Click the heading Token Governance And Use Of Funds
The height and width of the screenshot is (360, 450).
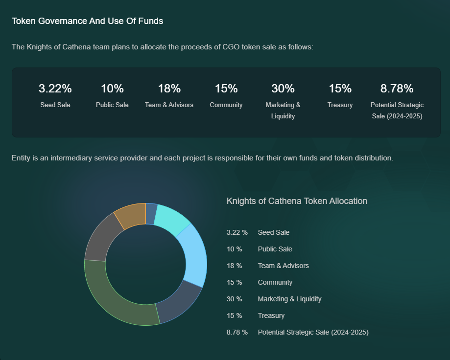(x=87, y=22)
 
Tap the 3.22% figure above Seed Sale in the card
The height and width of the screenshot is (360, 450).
(x=55, y=89)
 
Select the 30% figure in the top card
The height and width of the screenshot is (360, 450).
(x=283, y=89)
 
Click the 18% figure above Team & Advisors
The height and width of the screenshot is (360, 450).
(x=169, y=89)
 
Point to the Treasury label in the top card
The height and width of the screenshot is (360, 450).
(x=340, y=105)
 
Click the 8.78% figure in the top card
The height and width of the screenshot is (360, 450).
(x=397, y=89)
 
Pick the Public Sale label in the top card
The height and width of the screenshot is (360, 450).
(x=112, y=105)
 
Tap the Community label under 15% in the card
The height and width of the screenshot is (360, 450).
(x=226, y=105)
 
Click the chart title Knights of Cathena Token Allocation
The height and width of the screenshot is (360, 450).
(x=297, y=201)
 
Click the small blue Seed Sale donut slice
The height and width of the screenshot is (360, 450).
(x=151, y=213)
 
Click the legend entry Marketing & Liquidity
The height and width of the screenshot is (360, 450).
(x=289, y=299)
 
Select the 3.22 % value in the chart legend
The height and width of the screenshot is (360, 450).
(x=237, y=232)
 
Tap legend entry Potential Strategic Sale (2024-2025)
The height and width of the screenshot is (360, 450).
(x=313, y=332)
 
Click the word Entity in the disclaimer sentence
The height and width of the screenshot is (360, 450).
(x=21, y=158)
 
